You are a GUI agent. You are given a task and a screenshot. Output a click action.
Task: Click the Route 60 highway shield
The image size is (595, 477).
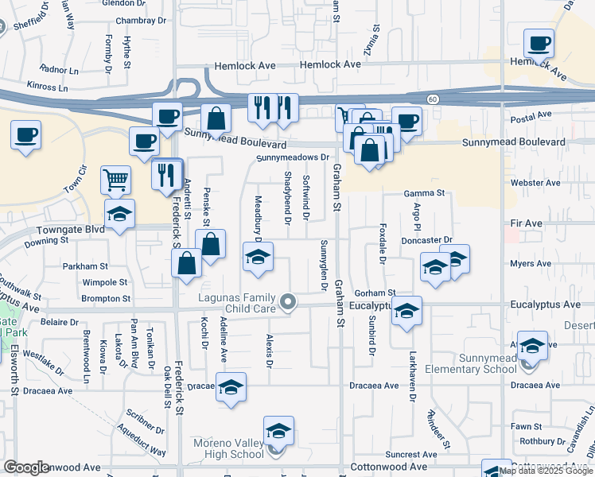pyautogui.click(x=432, y=99)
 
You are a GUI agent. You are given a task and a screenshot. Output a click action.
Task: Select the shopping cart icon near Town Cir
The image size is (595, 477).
pyautogui.click(x=115, y=180)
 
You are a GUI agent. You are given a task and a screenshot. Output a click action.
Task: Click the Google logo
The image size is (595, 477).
pyautogui.click(x=26, y=467)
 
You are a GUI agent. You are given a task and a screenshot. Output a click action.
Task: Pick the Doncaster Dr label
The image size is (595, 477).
pyautogui.click(x=426, y=239)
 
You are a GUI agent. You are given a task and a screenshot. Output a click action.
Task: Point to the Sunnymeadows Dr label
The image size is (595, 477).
pyautogui.click(x=292, y=158)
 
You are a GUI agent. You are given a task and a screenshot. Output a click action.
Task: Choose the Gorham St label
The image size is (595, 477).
pyautogui.click(x=375, y=293)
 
